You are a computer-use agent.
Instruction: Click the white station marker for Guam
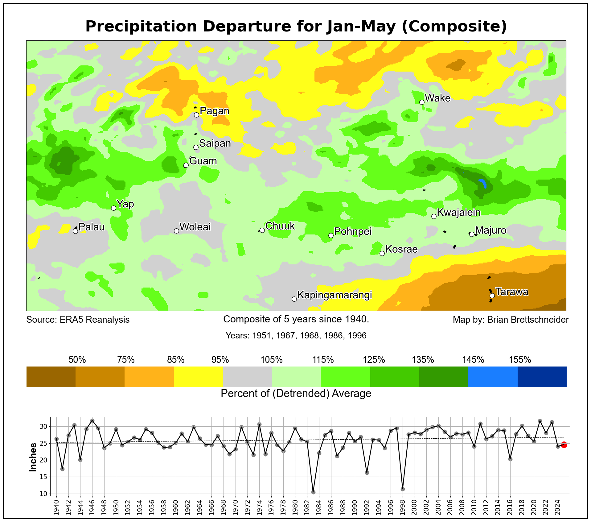tap(186, 165)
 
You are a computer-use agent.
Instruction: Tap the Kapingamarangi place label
tap(334, 295)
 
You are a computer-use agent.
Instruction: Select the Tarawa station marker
tap(492, 296)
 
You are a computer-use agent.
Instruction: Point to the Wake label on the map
tap(437, 98)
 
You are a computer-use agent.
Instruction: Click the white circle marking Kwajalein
tap(434, 216)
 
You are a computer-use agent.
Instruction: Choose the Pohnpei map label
tap(353, 231)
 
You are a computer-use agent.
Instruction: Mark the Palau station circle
tap(75, 231)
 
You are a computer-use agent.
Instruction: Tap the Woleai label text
tap(195, 227)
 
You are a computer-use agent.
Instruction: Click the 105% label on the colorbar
tap(272, 360)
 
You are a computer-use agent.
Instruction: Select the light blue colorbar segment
tap(493, 377)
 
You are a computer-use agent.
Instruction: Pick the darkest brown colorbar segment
tap(51, 377)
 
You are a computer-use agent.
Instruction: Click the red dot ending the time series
tap(564, 445)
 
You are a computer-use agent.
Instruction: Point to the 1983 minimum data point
tap(313, 492)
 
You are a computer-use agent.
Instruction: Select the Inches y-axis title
tap(33, 457)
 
